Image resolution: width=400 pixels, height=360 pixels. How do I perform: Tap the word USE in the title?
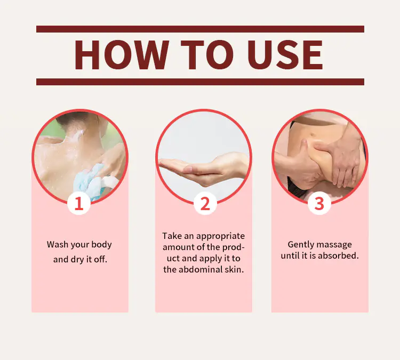coord(285,54)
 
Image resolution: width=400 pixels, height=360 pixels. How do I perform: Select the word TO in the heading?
coord(207,54)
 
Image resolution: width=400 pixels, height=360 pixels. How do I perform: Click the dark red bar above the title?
coord(200,29)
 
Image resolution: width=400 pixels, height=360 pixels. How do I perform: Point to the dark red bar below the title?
coord(200,82)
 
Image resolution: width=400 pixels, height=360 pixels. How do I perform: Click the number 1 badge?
coord(79,203)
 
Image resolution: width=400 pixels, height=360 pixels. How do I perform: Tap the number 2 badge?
coord(205,203)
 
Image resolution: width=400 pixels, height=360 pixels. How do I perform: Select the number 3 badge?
coord(319,203)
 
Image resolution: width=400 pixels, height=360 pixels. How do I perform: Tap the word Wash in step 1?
coord(58,244)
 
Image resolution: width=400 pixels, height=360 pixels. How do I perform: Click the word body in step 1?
coord(101,245)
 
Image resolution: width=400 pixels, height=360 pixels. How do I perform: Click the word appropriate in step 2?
coord(220,236)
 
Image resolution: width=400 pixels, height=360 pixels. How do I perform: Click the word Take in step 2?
coord(172,236)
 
